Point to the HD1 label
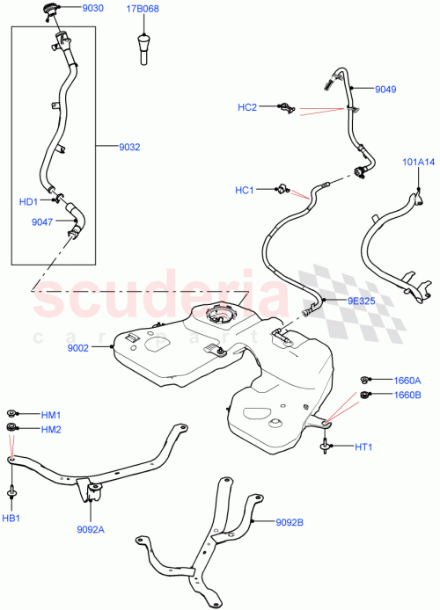coord(29,201)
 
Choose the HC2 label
coord(247,107)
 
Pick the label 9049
coord(385,90)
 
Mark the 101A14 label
coord(419,162)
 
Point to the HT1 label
coord(364,447)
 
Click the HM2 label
coord(50,429)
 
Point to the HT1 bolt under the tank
coord(328,447)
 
